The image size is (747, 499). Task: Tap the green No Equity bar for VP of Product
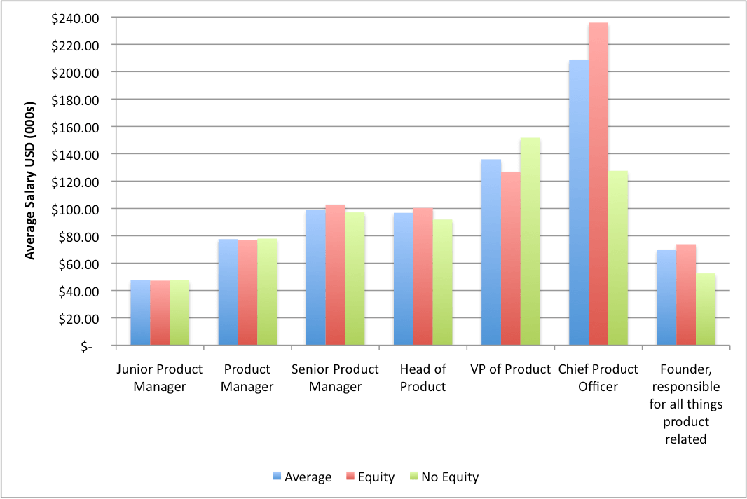pyautogui.click(x=530, y=241)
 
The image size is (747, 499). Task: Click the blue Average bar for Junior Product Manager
pyautogui.click(x=140, y=313)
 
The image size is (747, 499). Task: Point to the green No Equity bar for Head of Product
pyautogui.click(x=443, y=282)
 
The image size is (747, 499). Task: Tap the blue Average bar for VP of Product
pyautogui.click(x=491, y=252)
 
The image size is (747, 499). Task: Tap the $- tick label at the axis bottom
pyautogui.click(x=85, y=346)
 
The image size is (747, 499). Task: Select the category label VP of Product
pyautogui.click(x=510, y=369)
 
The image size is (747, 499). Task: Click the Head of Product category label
pyautogui.click(x=423, y=378)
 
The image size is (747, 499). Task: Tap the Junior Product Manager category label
pyautogui.click(x=159, y=378)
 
